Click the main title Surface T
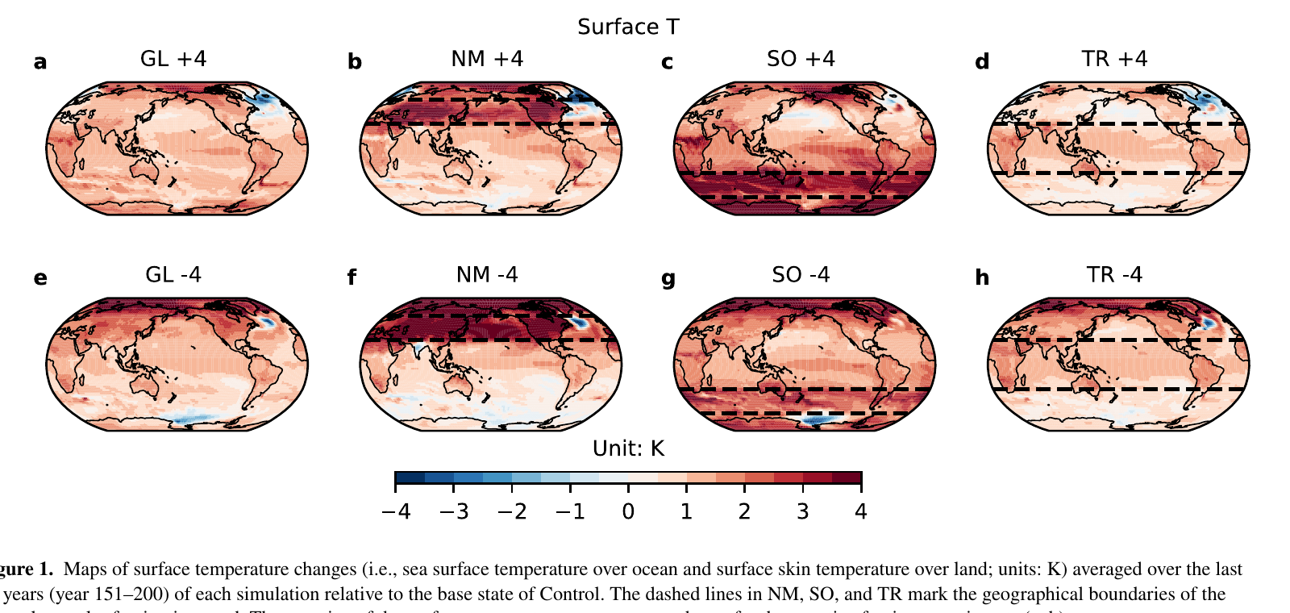pyautogui.click(x=628, y=27)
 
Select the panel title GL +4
pyautogui.click(x=173, y=59)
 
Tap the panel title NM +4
pyautogui.click(x=487, y=59)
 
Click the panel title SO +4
pyautogui.click(x=801, y=59)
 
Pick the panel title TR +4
pyautogui.click(x=1114, y=59)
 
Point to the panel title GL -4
pyautogui.click(x=173, y=275)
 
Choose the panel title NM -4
pyautogui.click(x=487, y=275)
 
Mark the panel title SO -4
pyautogui.click(x=801, y=275)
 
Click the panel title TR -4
pyautogui.click(x=1114, y=275)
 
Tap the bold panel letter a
pyautogui.click(x=40, y=62)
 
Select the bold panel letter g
pyautogui.click(x=668, y=279)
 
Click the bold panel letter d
pyautogui.click(x=982, y=62)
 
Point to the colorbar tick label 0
pyautogui.click(x=628, y=511)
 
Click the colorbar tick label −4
pyautogui.click(x=395, y=511)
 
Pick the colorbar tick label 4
pyautogui.click(x=861, y=511)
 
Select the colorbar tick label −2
pyautogui.click(x=511, y=511)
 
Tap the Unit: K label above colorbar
pyautogui.click(x=628, y=448)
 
